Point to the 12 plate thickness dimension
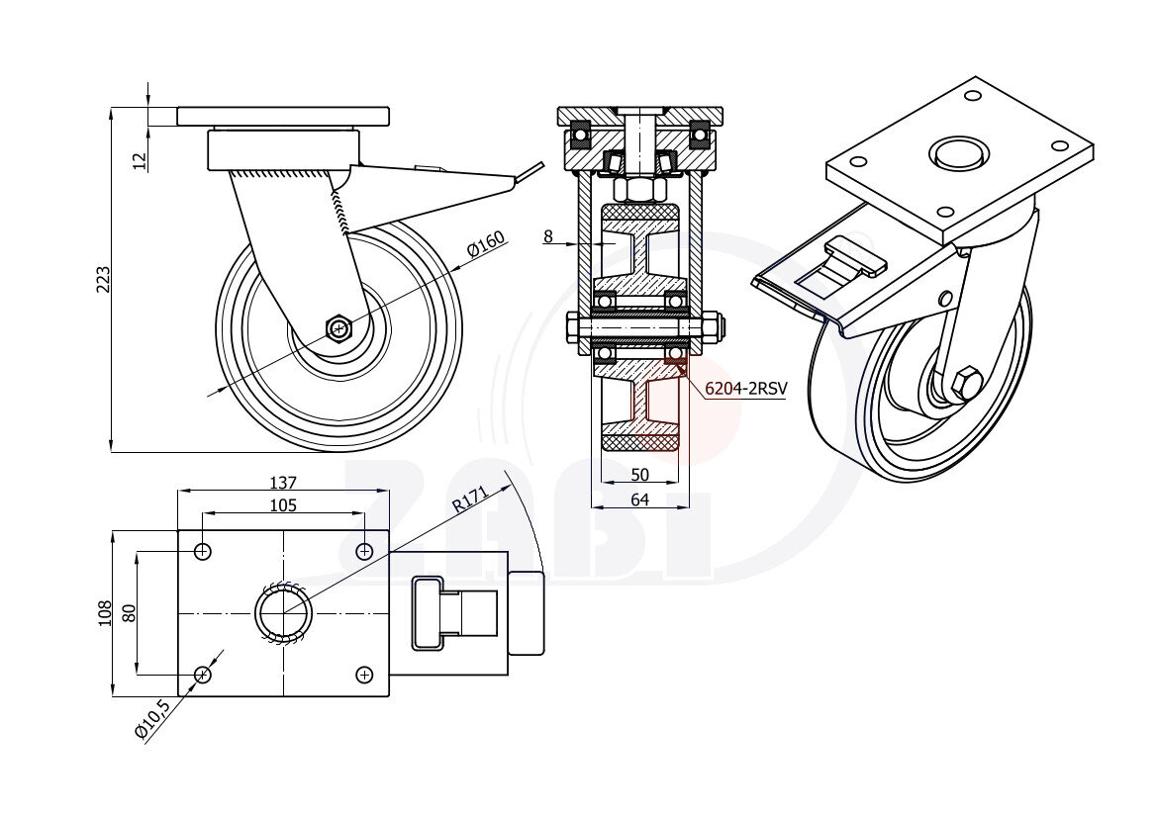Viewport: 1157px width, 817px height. coord(140,158)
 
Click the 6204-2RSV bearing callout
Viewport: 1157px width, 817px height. coord(745,389)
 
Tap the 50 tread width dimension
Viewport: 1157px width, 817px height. coord(639,476)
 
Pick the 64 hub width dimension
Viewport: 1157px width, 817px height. coord(639,500)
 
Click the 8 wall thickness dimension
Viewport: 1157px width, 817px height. coord(547,236)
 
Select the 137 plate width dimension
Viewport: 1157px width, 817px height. coord(283,483)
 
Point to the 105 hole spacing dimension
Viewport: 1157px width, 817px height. coord(283,505)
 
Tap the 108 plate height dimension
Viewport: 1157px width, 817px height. coord(105,614)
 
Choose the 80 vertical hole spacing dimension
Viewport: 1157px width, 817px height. coord(128,613)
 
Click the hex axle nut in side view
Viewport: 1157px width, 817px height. coord(339,327)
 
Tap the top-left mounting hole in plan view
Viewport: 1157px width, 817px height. coord(203,551)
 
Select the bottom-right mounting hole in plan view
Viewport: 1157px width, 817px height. coord(364,675)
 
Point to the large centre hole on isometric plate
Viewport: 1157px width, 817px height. coord(958,153)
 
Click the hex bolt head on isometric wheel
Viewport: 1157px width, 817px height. coord(967,381)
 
